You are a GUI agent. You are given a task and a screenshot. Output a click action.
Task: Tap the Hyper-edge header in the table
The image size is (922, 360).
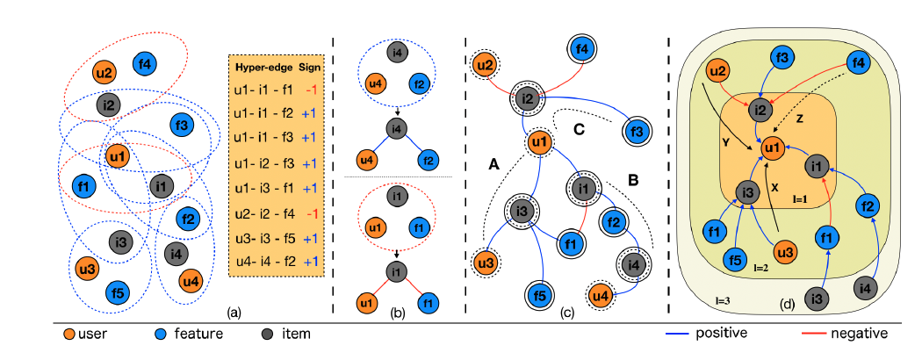click(x=261, y=68)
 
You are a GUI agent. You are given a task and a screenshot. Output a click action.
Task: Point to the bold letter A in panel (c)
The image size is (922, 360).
click(x=494, y=163)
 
